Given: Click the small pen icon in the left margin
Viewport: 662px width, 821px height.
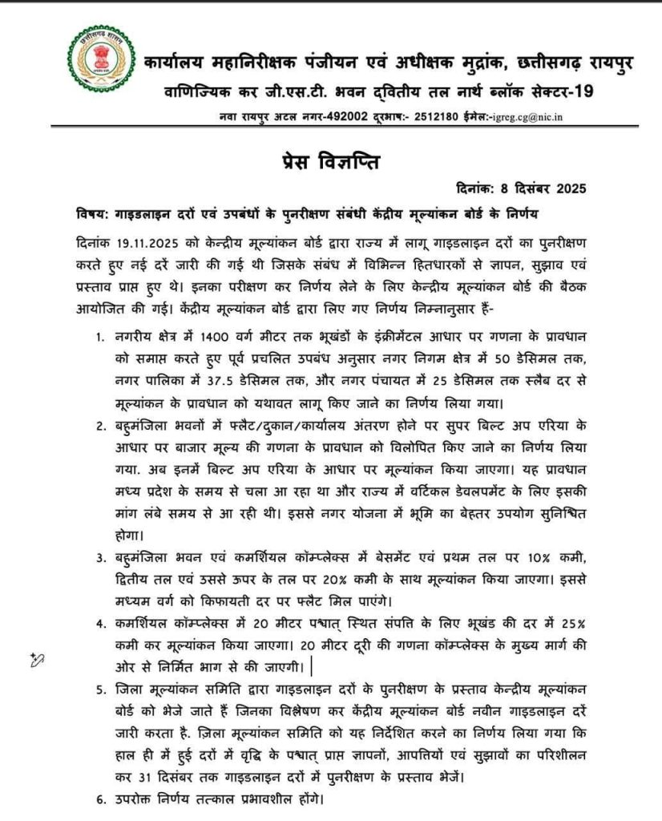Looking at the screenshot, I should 35,659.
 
